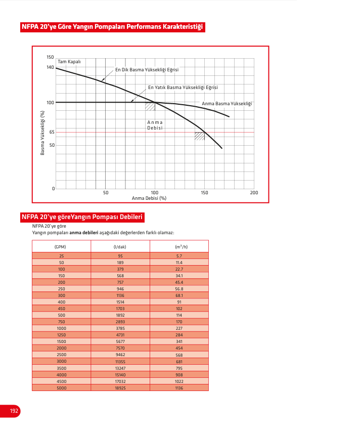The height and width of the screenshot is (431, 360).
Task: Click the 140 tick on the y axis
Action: click(x=50, y=67)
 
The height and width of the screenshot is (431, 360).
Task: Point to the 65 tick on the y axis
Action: click(x=52, y=132)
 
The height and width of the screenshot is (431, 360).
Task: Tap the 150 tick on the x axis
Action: click(x=204, y=193)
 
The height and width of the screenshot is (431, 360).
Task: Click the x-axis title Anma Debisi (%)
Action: click(x=149, y=198)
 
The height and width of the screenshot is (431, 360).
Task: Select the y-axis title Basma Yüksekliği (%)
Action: click(x=43, y=133)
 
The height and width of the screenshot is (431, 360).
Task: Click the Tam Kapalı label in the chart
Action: click(x=69, y=62)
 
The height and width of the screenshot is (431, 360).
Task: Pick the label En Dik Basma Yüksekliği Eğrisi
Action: click(x=147, y=70)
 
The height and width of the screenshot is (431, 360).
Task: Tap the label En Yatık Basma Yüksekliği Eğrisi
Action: click(x=183, y=88)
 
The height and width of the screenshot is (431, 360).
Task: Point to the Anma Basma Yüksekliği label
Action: click(x=227, y=104)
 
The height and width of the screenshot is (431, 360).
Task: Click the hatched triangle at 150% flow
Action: click(x=200, y=136)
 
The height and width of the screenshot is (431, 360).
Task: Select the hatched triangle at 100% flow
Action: click(x=151, y=106)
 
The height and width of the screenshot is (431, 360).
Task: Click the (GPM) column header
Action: click(x=61, y=246)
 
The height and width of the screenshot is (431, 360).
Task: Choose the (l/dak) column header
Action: click(x=120, y=246)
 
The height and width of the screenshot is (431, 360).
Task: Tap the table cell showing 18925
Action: click(x=120, y=388)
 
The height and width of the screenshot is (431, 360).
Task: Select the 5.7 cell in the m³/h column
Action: click(x=179, y=256)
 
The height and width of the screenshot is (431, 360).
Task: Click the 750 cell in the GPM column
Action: click(x=61, y=322)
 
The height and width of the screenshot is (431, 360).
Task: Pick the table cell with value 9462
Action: click(x=120, y=355)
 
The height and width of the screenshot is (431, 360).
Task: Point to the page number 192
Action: click(x=14, y=411)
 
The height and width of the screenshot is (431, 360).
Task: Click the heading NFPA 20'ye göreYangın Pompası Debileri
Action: click(x=82, y=217)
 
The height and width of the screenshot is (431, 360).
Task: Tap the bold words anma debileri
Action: click(x=83, y=233)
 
